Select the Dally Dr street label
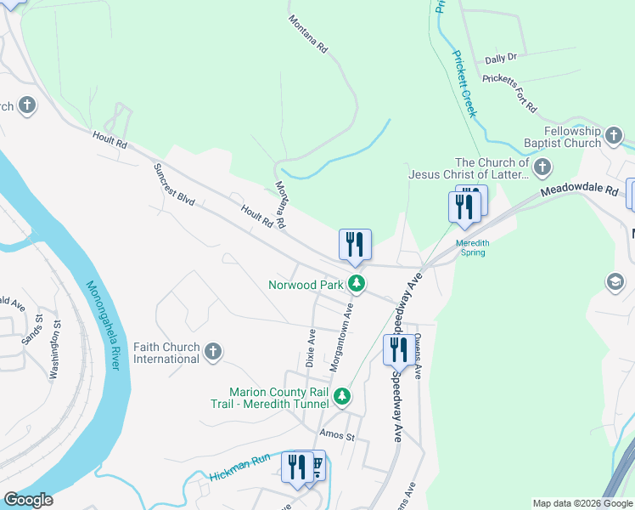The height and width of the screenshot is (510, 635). click(x=501, y=59)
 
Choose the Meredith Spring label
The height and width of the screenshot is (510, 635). click(x=473, y=246)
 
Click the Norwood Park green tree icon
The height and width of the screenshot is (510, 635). click(x=358, y=285)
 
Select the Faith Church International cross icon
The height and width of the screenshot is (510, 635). click(x=213, y=351)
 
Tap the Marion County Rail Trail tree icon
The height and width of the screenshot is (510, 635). click(x=341, y=396)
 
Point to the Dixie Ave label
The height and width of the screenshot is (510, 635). click(x=311, y=348)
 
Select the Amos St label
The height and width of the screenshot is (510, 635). click(x=336, y=434)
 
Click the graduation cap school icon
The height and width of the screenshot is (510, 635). click(x=614, y=281)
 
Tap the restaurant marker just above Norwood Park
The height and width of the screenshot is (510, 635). click(x=355, y=244)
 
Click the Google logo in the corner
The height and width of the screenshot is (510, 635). click(x=28, y=500)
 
